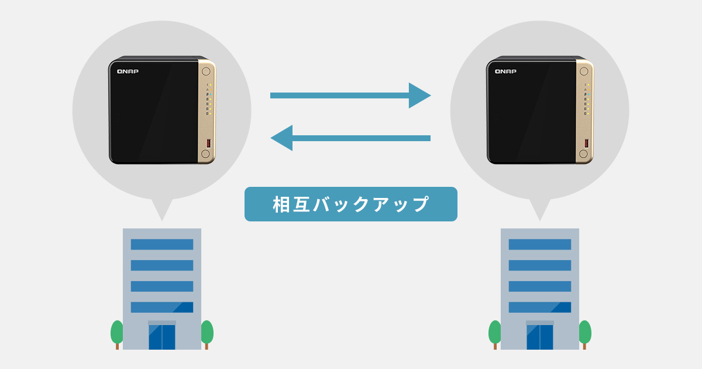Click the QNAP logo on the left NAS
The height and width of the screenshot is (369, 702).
[x=128, y=71]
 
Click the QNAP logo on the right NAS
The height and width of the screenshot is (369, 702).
[x=505, y=71]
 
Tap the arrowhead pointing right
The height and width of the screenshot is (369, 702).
[x=419, y=95]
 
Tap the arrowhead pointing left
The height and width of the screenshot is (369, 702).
[x=281, y=138]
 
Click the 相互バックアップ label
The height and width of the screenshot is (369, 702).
[x=350, y=204]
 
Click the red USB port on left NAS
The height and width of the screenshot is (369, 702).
[x=209, y=143]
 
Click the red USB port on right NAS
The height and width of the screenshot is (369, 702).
[x=587, y=143]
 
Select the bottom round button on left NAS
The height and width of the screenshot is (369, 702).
[x=205, y=153]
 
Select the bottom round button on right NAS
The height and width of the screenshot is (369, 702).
[x=584, y=153]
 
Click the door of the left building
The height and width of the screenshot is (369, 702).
[x=162, y=337]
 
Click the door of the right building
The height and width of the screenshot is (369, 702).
[x=540, y=337]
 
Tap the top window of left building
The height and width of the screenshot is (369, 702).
[x=162, y=244]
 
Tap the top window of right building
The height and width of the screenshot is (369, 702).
[x=540, y=244]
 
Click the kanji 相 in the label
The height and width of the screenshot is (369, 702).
[x=281, y=204]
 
